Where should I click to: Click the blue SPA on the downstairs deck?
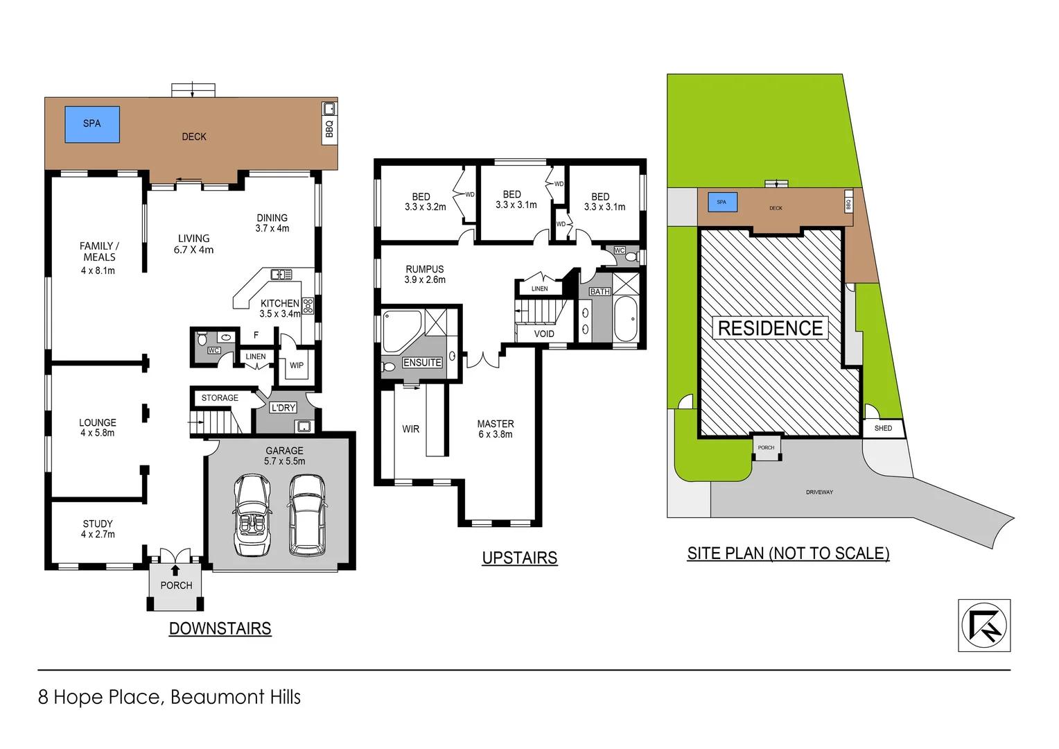(92, 124)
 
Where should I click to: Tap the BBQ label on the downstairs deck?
(329, 128)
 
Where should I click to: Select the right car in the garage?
(307, 514)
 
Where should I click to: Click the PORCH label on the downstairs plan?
(176, 585)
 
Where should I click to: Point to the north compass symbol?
(983, 626)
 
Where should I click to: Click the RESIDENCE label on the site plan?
(770, 328)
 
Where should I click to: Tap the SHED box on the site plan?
(883, 429)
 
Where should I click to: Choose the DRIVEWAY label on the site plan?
(819, 492)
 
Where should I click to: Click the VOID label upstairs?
(544, 334)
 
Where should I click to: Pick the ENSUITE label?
(422, 363)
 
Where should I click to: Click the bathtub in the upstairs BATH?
(625, 319)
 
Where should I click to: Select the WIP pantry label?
(297, 365)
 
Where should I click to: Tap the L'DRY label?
(283, 408)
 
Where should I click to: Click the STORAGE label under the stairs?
(220, 398)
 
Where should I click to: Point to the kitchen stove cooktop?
(308, 305)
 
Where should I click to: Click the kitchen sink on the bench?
(281, 275)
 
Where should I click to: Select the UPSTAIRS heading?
(519, 558)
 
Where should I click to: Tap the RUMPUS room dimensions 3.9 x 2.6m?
(425, 280)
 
